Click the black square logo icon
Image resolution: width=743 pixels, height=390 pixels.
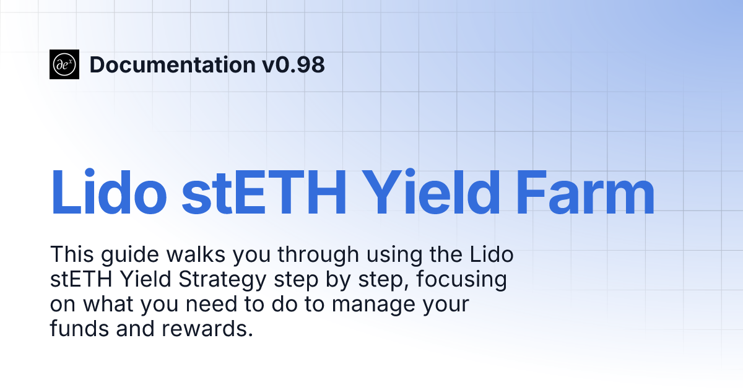64,64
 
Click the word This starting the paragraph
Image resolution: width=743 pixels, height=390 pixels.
71,254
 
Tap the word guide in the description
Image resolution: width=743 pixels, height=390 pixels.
121,254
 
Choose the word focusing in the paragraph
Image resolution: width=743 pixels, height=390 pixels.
461,280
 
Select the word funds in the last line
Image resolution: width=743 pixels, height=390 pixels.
79,329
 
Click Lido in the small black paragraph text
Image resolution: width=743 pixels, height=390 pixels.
492,254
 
